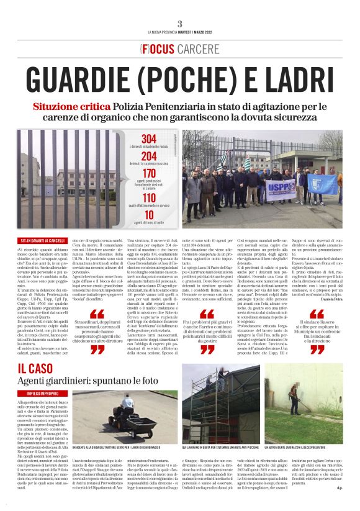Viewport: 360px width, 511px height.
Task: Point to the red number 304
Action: [x=150, y=138]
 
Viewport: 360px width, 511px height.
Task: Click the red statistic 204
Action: [x=150, y=156]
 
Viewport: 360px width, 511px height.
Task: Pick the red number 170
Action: [x=150, y=173]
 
